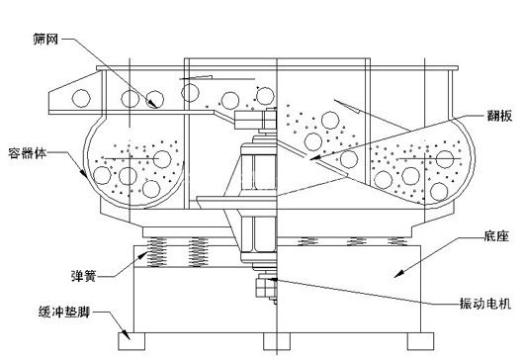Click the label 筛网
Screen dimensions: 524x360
point(45,40)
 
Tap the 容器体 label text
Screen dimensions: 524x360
point(27,153)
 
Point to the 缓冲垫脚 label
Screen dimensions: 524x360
point(64,312)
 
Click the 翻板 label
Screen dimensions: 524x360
point(499,116)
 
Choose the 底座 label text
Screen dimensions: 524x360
point(496,236)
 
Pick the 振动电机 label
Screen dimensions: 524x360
point(485,304)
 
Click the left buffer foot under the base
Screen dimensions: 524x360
point(131,340)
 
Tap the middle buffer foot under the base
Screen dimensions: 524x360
point(277,340)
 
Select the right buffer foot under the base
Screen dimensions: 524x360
point(420,340)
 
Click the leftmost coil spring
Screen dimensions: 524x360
point(157,251)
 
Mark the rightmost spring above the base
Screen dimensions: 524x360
point(397,241)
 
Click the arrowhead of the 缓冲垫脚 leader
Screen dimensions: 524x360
point(127,336)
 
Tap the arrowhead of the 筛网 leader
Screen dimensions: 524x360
point(153,104)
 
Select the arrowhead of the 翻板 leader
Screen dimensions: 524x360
point(314,158)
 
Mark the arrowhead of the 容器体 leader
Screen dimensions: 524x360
point(84,173)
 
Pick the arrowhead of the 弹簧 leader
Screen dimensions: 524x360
point(143,255)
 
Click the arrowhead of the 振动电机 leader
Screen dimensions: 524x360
point(271,278)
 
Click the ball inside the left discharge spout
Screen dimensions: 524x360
point(81,98)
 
